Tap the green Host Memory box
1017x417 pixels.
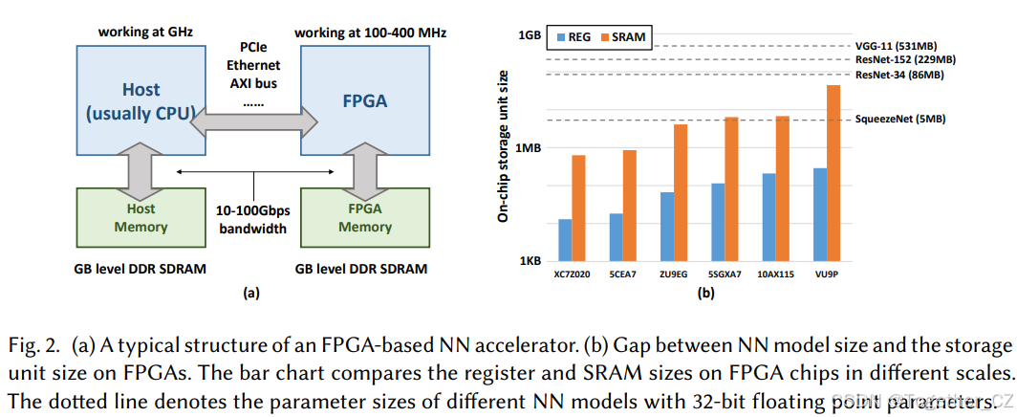click(141, 218)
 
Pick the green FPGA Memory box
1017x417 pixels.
click(364, 218)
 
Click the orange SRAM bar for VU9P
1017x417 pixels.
click(833, 173)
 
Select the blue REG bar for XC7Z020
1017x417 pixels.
click(565, 240)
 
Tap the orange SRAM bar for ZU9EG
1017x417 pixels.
click(680, 192)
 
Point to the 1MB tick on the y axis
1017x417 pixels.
click(529, 148)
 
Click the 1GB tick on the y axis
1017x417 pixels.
click(529, 35)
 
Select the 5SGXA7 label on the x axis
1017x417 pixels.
click(725, 274)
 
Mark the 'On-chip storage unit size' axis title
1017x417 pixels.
click(503, 145)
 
